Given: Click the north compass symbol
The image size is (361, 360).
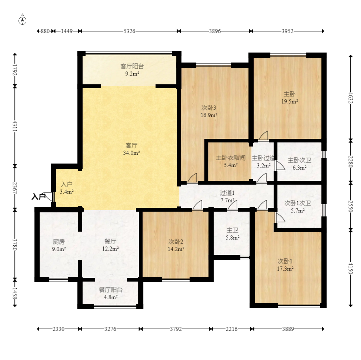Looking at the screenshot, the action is pyautogui.click(x=22, y=21).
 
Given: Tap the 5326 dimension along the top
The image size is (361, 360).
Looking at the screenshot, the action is pyautogui.click(x=129, y=31).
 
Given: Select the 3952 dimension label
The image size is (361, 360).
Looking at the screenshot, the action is pyautogui.click(x=288, y=31).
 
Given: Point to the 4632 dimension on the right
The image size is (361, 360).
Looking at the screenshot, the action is pyautogui.click(x=351, y=98).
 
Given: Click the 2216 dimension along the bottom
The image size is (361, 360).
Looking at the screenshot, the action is pyautogui.click(x=231, y=329).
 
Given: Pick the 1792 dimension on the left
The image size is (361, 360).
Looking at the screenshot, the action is pyautogui.click(x=15, y=70).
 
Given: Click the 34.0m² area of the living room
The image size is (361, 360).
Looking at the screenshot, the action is pyautogui.click(x=131, y=153).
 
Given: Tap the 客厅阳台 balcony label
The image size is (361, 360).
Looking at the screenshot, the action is pyautogui.click(x=132, y=66).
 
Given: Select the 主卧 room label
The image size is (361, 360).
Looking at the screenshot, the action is pyautogui.click(x=290, y=94).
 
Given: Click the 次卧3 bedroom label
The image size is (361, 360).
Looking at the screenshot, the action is pyautogui.click(x=209, y=108).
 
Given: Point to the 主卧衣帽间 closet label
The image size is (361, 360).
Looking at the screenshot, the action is pyautogui.click(x=230, y=158).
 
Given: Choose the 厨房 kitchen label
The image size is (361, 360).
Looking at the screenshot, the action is pyautogui.click(x=59, y=242).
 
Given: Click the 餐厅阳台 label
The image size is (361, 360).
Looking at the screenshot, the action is pyautogui.click(x=110, y=290).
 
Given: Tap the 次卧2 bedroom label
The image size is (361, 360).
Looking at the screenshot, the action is pyautogui.click(x=176, y=242).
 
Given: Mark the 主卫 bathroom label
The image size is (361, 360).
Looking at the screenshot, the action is pyautogui.click(x=232, y=230).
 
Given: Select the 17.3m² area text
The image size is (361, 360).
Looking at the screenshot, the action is pyautogui.click(x=285, y=269).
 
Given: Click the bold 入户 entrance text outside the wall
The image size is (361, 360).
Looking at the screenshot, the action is pyautogui.click(x=39, y=197).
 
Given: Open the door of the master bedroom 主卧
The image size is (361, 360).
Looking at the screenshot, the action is pyautogui.click(x=263, y=136).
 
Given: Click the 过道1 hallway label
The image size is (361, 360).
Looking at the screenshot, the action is pyautogui.click(x=227, y=193).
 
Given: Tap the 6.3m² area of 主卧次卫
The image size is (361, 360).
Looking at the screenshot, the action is pyautogui.click(x=299, y=168).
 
